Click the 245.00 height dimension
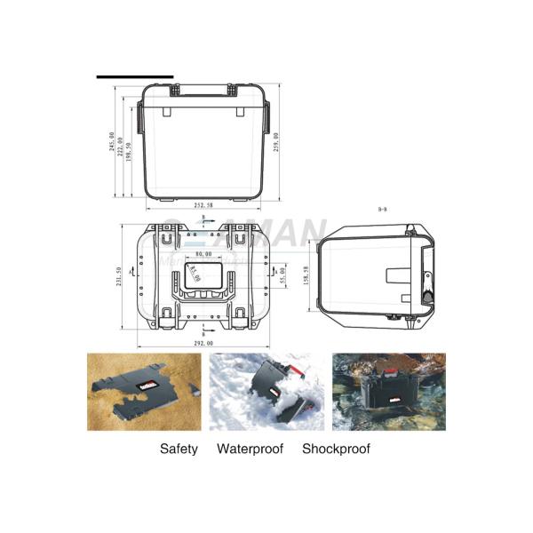[112, 144]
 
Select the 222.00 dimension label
[121, 147]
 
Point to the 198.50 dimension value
[130, 153]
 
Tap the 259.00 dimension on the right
[277, 142]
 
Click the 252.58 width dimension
[205, 205]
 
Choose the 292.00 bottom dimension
[204, 342]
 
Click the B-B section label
[382, 209]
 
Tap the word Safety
[179, 449]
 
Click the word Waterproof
[250, 449]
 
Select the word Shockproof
[336, 449]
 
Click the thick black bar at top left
[135, 76]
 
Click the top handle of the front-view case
[205, 88]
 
